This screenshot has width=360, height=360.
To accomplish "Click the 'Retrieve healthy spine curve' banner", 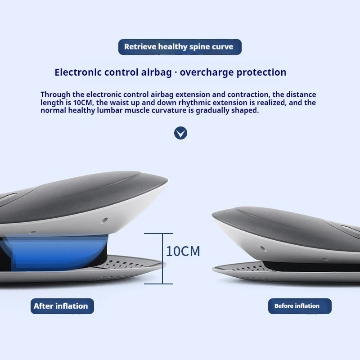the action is pyautogui.click(x=180, y=47).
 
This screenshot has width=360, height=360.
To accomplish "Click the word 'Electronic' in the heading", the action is pyautogui.click(x=78, y=72).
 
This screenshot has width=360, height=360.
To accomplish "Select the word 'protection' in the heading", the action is pyautogui.click(x=261, y=73).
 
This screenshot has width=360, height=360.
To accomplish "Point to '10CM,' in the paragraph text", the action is pyautogui.click(x=83, y=103).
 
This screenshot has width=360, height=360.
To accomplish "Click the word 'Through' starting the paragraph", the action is pyautogui.click(x=55, y=94).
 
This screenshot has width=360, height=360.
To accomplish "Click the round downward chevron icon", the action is pyautogui.click(x=180, y=133).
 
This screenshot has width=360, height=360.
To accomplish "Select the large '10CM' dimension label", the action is pyautogui.click(x=183, y=251).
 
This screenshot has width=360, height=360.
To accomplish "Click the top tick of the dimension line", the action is pyautogui.click(x=158, y=234).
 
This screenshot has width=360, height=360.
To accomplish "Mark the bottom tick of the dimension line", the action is pyautogui.click(x=158, y=284).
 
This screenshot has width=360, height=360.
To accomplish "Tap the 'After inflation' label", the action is pyautogui.click(x=62, y=306).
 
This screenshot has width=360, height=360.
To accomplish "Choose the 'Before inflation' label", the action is pyautogui.click(x=300, y=306).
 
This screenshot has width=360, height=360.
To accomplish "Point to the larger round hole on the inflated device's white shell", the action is pyautogui.click(x=104, y=220).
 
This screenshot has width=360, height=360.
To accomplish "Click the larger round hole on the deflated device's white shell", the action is pyautogui.click(x=263, y=249).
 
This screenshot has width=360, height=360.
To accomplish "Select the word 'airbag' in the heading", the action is pyautogui.click(x=156, y=73).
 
